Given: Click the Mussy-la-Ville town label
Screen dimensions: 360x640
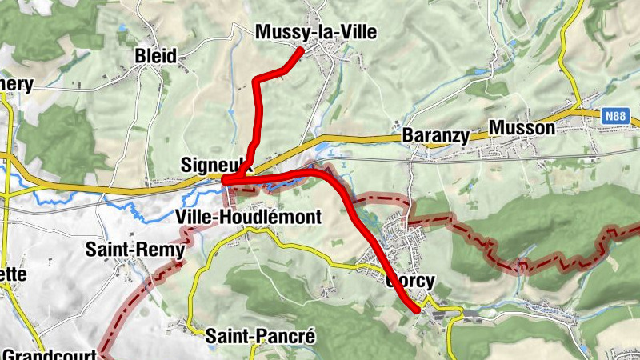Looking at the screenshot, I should pyautogui.click(x=315, y=32).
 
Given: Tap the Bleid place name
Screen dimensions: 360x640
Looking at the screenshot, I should pyautogui.click(x=155, y=56).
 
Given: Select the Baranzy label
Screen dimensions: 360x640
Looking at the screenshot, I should pyautogui.click(x=436, y=134).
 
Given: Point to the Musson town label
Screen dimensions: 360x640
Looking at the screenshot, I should pyautogui.click(x=521, y=128).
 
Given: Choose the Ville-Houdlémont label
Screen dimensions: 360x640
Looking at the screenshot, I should pyautogui.click(x=248, y=216).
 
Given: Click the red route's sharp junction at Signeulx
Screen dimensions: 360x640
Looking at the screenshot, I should pyautogui.click(x=226, y=181).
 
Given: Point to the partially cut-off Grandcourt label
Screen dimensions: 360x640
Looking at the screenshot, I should pyautogui.click(x=48, y=353).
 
